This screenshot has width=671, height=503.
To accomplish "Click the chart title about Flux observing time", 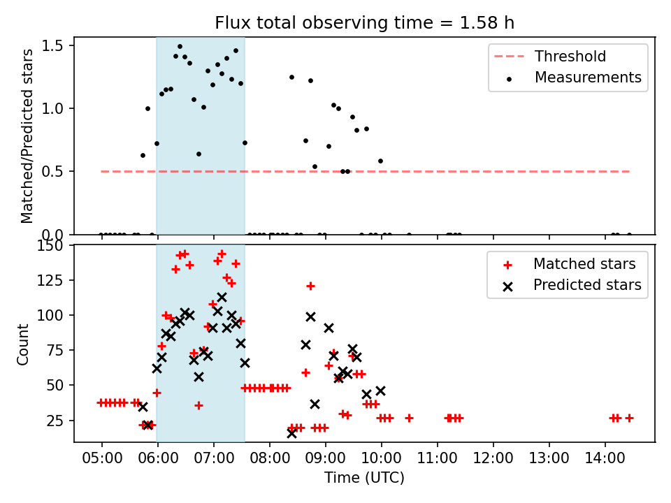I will click(364, 22).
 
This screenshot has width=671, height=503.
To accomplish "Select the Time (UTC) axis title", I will click(364, 478).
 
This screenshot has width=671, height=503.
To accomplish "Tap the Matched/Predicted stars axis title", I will click(27, 136).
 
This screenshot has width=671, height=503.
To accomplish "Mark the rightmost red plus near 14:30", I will click(629, 418).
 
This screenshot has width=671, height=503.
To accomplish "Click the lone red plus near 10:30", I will click(409, 418).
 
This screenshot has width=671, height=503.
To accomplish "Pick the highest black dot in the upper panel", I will click(180, 46).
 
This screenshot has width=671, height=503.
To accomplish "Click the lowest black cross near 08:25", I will click(291, 433).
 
